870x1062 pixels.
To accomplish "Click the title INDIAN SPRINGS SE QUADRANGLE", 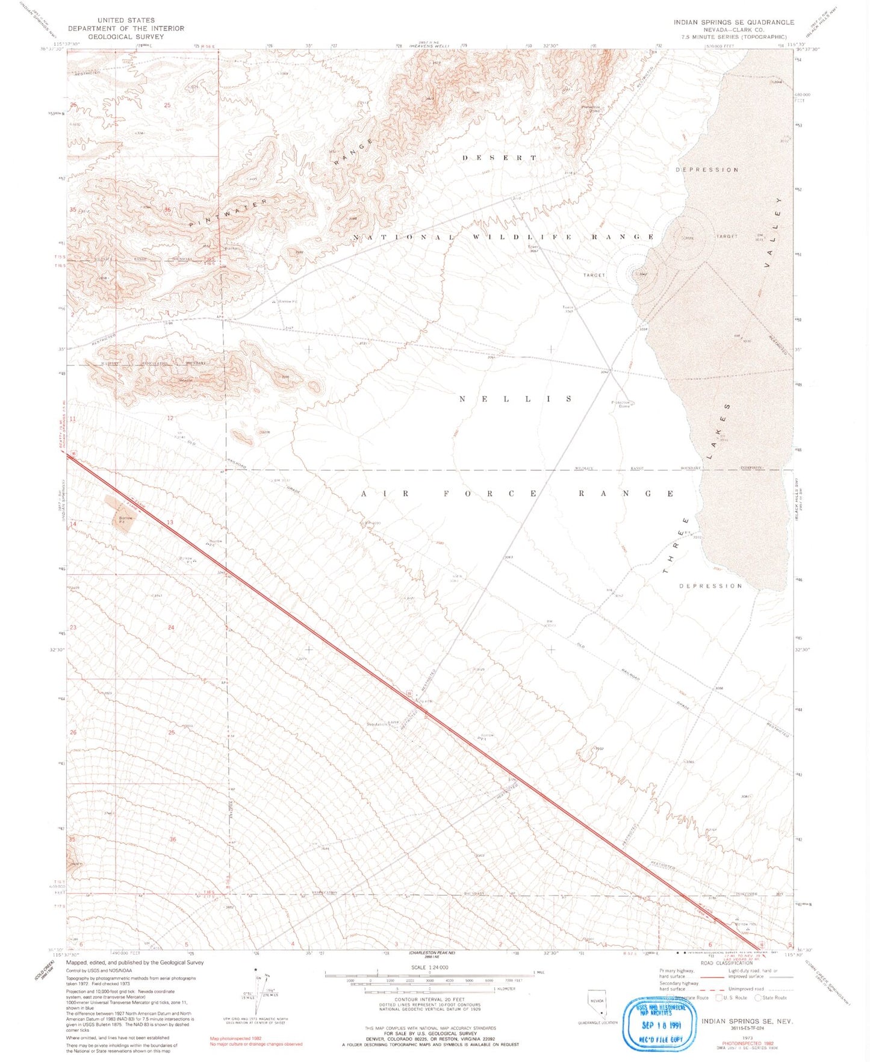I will (x=733, y=22).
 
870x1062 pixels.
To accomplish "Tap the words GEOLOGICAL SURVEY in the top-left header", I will (x=126, y=37).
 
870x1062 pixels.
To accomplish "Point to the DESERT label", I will (x=499, y=158).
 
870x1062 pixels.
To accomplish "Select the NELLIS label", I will (x=516, y=399).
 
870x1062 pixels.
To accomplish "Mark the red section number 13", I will (x=170, y=522).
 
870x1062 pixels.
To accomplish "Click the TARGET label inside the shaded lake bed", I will (x=727, y=237).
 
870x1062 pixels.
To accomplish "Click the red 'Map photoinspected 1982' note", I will (x=236, y=1039).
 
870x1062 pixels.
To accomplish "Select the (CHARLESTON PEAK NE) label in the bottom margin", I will (x=432, y=953).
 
